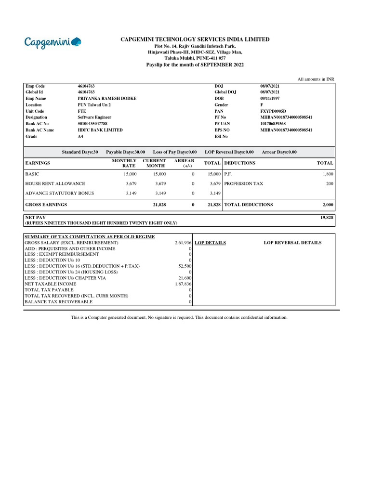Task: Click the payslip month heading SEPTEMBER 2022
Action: point(195,64)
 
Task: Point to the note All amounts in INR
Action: point(316,78)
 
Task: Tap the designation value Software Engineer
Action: point(94,117)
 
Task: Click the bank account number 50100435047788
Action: point(92,124)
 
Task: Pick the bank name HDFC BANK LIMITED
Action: point(100,130)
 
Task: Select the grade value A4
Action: point(80,136)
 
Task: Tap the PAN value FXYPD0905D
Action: point(273,111)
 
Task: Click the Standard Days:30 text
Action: point(80,152)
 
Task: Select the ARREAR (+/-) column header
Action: point(185,163)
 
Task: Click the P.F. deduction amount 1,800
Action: point(328,174)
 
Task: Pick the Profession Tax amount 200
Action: point(329,183)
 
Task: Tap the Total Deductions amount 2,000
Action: point(328,205)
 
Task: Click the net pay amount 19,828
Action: point(327,218)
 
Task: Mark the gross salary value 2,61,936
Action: point(184,243)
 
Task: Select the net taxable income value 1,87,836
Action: point(184,284)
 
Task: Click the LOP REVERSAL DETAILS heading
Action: point(292,243)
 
